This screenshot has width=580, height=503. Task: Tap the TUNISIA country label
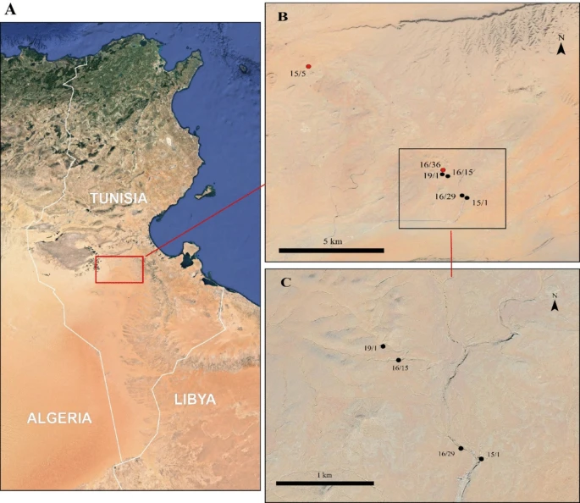(119, 197)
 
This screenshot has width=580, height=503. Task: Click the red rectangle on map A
(119, 269)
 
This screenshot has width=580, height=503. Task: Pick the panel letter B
(283, 16)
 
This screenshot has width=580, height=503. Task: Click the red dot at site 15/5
(309, 66)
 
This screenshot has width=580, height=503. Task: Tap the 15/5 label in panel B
(297, 75)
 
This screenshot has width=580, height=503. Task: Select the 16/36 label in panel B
(430, 163)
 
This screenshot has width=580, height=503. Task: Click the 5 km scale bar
(331, 251)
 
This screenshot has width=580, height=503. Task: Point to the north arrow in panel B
(561, 47)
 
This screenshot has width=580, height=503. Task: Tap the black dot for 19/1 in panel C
(384, 345)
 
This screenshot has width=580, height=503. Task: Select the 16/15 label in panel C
(400, 368)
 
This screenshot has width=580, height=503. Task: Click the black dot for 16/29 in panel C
(461, 448)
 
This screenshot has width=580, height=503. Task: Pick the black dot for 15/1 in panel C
(481, 459)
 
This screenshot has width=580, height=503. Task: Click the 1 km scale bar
(325, 484)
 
